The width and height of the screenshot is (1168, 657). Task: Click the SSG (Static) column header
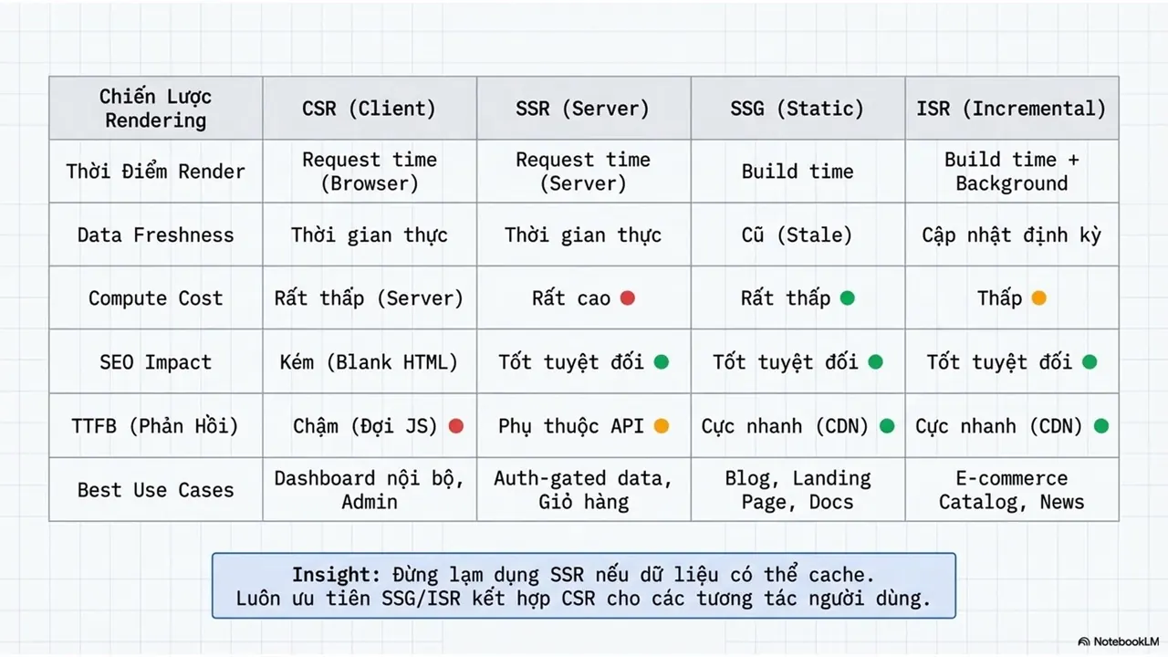click(798, 109)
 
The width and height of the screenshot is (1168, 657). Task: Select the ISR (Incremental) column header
click(1012, 109)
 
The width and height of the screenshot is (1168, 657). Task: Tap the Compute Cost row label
click(155, 298)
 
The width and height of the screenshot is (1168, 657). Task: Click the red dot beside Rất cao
click(628, 297)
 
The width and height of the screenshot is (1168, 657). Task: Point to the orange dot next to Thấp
click(1038, 297)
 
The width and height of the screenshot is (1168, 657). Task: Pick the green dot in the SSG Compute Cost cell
click(848, 297)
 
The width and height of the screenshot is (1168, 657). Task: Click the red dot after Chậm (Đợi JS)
click(456, 426)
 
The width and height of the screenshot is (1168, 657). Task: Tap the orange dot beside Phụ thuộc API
click(662, 426)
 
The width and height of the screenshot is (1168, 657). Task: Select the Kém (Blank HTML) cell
click(370, 362)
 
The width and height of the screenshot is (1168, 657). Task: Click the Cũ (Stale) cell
click(798, 235)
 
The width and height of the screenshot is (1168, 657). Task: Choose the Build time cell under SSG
click(798, 172)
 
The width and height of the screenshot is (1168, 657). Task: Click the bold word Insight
click(336, 574)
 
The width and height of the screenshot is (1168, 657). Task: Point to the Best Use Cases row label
click(155, 490)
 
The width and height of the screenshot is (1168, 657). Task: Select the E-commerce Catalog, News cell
click(1012, 490)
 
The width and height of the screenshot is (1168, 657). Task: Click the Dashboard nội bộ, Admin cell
click(370, 490)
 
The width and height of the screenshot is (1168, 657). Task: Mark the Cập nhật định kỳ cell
click(1012, 235)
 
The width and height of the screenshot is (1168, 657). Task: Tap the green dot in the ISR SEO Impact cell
click(1090, 362)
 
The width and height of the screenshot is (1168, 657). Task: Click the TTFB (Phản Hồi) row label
click(155, 426)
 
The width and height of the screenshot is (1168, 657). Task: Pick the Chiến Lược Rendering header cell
click(155, 109)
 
